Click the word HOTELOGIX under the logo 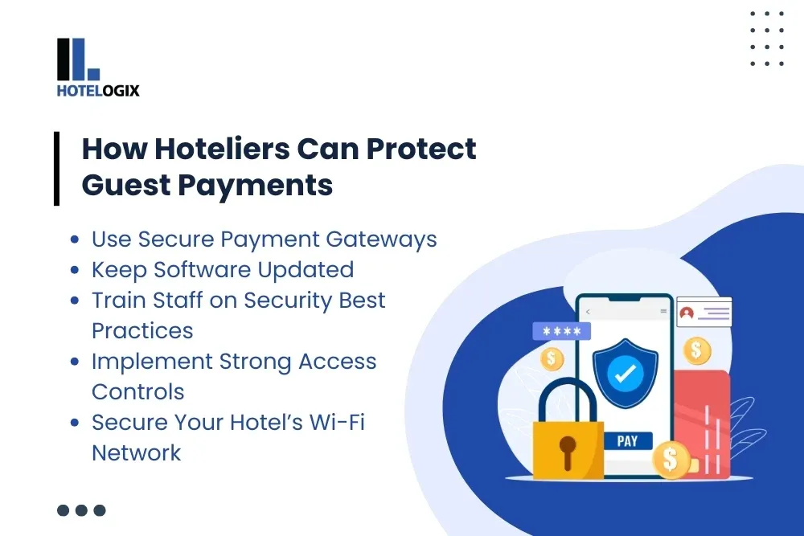tap(98, 91)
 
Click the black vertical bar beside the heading tap(57, 168)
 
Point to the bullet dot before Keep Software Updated tap(75, 270)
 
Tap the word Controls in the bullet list tap(137, 391)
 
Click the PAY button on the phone tap(627, 440)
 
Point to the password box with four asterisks tap(561, 331)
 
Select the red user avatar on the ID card tap(686, 313)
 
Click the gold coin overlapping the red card tap(670, 460)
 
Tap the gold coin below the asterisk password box tap(552, 358)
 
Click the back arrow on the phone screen tap(588, 311)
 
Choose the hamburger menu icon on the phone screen tap(663, 311)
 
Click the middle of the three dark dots tap(81, 509)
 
